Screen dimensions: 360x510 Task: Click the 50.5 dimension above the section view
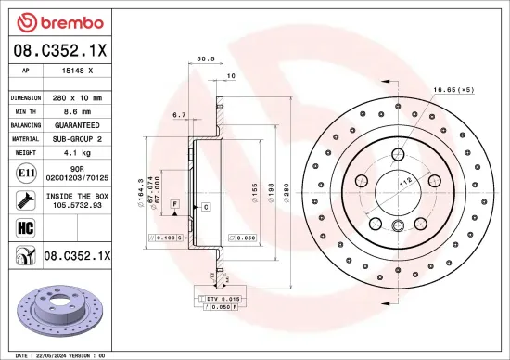pyautogui.click(x=207, y=59)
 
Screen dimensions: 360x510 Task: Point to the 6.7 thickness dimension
pyautogui.click(x=179, y=115)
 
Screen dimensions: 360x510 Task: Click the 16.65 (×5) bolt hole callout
pyautogui.click(x=453, y=90)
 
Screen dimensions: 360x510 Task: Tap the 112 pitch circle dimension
pyautogui.click(x=405, y=184)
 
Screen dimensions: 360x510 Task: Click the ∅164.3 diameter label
pyautogui.click(x=140, y=192)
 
